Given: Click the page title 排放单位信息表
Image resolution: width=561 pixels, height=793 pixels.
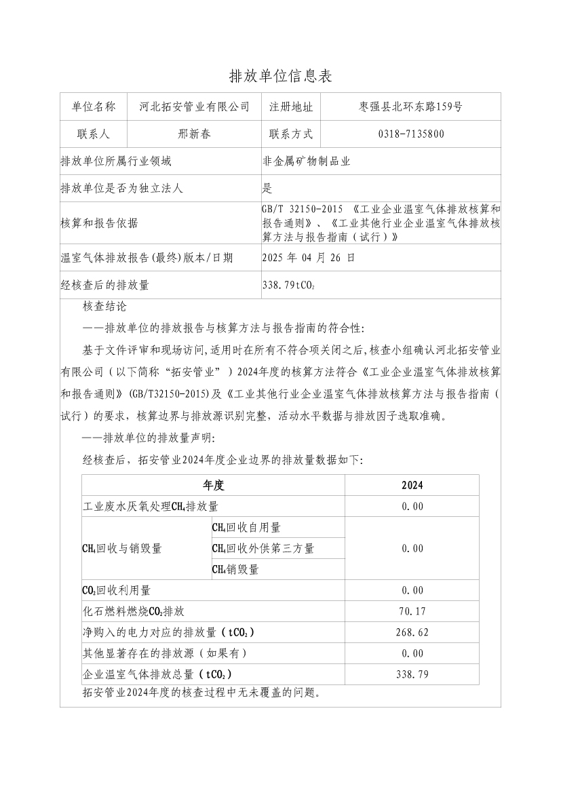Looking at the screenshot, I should tap(280, 76).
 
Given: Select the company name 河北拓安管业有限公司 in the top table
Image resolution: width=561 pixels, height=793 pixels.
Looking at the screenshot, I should tap(194, 107).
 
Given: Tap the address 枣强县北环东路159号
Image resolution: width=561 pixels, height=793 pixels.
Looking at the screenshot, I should tap(410, 107).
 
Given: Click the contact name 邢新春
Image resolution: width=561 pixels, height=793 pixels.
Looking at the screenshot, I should tap(194, 134).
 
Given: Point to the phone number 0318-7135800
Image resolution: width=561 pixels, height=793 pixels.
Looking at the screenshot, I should tap(411, 134).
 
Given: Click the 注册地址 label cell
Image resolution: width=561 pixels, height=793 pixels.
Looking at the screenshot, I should tap(291, 107).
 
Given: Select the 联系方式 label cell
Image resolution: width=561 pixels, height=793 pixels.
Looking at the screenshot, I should tap(291, 134).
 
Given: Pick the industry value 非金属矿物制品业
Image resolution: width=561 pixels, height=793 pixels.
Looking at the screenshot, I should tap(306, 161).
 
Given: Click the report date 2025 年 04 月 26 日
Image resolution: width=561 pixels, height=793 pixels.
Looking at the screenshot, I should tap(308, 258).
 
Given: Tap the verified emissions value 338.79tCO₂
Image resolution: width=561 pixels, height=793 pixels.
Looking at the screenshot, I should tap(288, 286).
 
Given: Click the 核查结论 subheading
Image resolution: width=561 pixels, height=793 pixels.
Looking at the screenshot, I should tap(104, 307).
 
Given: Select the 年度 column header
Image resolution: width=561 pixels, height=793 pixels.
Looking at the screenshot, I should tap(213, 486).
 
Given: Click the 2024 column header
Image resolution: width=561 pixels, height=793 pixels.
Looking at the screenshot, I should tap(412, 486).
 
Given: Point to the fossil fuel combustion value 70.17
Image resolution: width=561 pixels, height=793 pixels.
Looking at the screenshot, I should tap(412, 611).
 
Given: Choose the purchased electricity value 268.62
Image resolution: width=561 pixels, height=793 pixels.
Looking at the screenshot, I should tap(412, 632).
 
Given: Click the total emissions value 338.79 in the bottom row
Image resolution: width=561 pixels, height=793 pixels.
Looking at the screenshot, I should tap(412, 674).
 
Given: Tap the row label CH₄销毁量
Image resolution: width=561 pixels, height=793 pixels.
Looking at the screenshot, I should tap(235, 569).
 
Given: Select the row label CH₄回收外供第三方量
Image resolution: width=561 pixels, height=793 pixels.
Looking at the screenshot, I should tap(263, 548).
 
